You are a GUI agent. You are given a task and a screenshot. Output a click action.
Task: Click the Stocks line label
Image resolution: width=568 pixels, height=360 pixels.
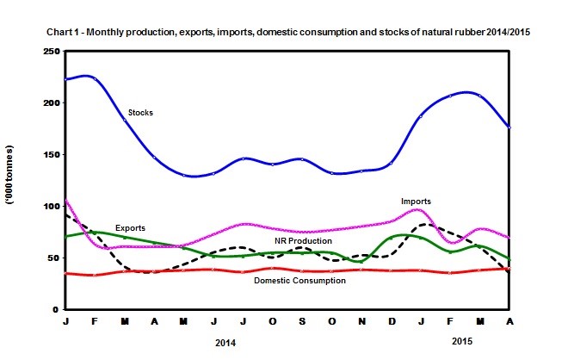click(141, 113)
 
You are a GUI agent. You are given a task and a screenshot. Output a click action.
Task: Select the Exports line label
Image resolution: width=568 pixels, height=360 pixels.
click(107, 228)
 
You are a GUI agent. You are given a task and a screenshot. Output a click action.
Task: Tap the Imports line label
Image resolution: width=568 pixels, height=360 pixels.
click(416, 202)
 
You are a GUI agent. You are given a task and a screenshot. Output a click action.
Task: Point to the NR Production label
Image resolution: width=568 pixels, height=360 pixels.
click(303, 241)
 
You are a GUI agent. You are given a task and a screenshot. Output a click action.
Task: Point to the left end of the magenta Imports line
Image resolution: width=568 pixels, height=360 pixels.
click(65, 200)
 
